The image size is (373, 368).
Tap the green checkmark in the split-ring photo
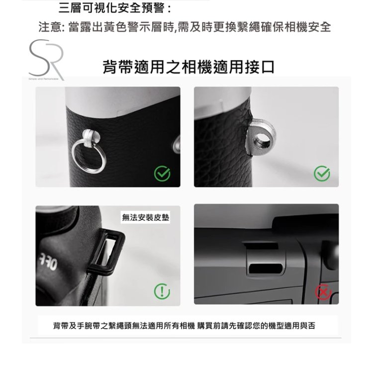pos(162,174)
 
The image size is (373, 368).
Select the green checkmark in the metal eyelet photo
pos(322,174)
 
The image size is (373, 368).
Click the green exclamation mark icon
pos(162,291)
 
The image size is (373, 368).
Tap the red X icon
pos(323,291)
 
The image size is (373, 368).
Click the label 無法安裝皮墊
pos(145,217)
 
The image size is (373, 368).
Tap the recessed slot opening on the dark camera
pos(266,269)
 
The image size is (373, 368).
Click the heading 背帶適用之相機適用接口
pos(188,67)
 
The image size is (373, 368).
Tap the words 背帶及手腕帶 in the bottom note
pos(77,326)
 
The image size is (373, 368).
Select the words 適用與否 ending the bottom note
pos(299,326)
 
